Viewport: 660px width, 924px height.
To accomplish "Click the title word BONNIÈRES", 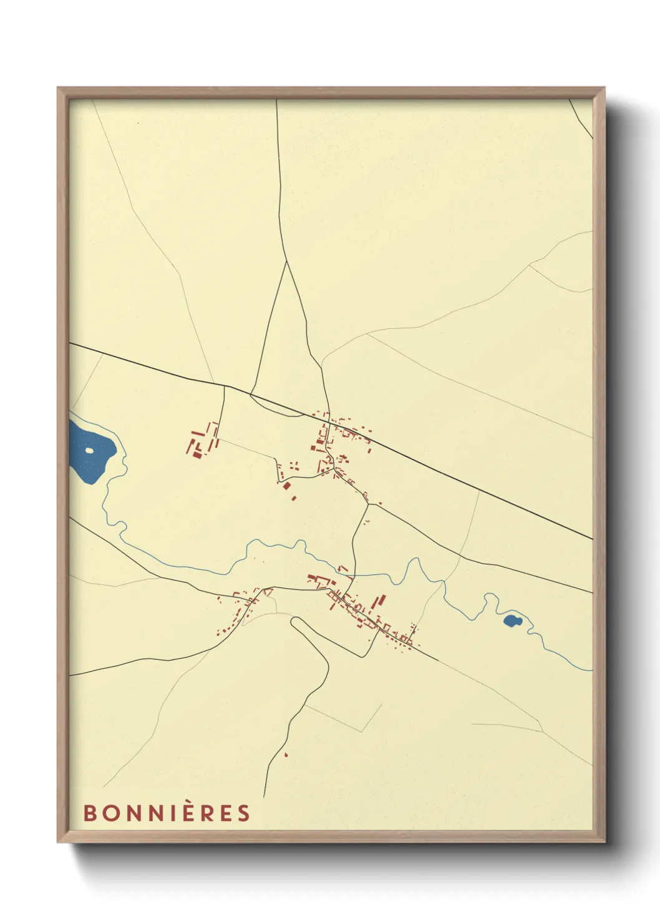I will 167,813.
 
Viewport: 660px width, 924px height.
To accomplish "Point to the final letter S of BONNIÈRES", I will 244,813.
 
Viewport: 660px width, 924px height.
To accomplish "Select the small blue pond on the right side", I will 512,621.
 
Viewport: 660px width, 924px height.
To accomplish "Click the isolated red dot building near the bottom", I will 286,755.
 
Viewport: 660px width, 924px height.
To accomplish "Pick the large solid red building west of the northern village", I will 287,486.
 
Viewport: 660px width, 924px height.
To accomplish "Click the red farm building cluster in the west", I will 203,441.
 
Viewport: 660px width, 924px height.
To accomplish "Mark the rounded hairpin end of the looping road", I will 295,622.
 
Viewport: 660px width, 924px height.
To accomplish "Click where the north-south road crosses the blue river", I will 354,573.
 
